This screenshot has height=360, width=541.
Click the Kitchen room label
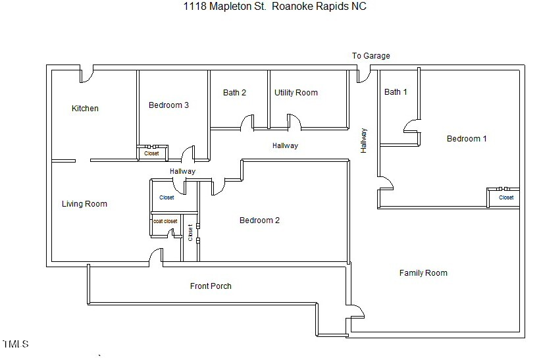tap(85, 109)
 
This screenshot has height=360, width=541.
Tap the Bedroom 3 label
tap(168, 105)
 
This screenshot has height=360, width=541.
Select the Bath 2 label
tap(234, 93)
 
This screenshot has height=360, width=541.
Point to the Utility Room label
tap(296, 93)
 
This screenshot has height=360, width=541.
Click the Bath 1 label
tap(396, 92)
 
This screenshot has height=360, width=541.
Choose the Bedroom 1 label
tap(467, 139)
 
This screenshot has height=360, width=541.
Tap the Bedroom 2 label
tap(259, 220)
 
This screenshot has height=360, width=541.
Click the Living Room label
tap(84, 204)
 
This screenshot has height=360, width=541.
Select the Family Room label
tap(423, 273)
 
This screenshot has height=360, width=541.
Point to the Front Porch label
tap(211, 286)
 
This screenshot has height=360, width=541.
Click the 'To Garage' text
tap(371, 56)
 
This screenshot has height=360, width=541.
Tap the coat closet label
tap(165, 222)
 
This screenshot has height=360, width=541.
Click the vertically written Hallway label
tap(363, 140)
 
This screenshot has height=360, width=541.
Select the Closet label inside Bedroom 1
tap(506, 197)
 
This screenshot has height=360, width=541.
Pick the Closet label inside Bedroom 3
tap(151, 153)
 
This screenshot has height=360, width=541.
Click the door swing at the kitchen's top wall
tap(86, 74)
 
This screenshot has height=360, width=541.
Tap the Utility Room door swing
tap(294, 122)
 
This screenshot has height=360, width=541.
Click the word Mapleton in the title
tap(226, 7)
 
